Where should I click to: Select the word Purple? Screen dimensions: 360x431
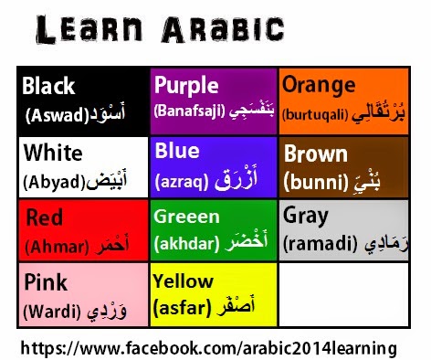[186, 85]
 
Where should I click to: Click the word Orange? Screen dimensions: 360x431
[319, 85]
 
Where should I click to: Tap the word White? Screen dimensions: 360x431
[53, 151]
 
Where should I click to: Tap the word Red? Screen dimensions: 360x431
[45, 218]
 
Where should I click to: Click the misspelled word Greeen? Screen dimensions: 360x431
[187, 217]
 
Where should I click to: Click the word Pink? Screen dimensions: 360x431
[46, 281]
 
